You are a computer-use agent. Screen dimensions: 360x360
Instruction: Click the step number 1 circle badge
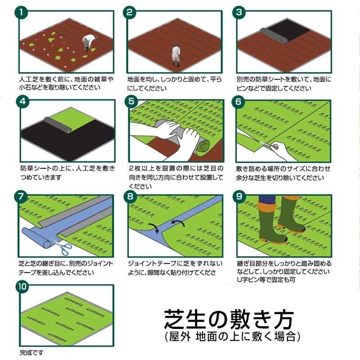[x=21, y=12]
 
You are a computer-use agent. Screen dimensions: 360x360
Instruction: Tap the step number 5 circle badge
[x=130, y=101]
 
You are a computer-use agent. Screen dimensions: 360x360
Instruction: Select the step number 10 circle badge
[x=22, y=287]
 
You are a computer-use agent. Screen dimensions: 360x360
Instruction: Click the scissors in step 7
[x=61, y=245]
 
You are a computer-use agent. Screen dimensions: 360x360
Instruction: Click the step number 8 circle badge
[x=130, y=197]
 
